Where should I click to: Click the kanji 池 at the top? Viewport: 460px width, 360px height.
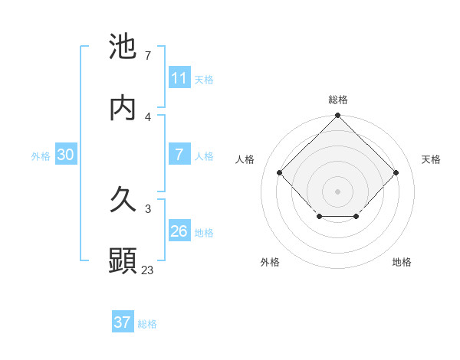(123, 47)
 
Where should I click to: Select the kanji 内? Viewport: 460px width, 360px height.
(123, 108)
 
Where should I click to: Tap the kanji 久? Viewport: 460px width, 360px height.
(123, 201)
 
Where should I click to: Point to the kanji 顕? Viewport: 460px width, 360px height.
(123, 261)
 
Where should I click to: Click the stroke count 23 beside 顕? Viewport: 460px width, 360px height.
(148, 270)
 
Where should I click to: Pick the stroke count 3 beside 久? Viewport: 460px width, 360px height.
(148, 208)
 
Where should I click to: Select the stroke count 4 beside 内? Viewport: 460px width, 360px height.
(148, 116)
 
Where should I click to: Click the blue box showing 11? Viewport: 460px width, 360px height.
(179, 78)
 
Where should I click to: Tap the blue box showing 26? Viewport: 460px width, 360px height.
(179, 231)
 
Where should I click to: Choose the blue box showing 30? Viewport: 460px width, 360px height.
(66, 155)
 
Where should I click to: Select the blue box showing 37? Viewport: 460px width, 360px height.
(123, 322)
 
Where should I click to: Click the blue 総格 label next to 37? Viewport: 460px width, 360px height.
(147, 324)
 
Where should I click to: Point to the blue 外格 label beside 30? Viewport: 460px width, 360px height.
(41, 156)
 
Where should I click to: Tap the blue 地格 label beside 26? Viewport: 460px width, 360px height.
(204, 233)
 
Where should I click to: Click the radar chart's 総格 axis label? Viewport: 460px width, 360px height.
(338, 100)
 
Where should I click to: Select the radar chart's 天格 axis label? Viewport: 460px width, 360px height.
(431, 159)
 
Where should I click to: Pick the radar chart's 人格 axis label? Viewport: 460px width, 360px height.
(245, 159)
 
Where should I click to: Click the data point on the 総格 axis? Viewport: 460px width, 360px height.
(338, 116)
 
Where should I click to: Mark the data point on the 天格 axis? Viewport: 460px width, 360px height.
(396, 172)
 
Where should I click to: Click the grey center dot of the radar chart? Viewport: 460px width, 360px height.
(338, 191)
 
